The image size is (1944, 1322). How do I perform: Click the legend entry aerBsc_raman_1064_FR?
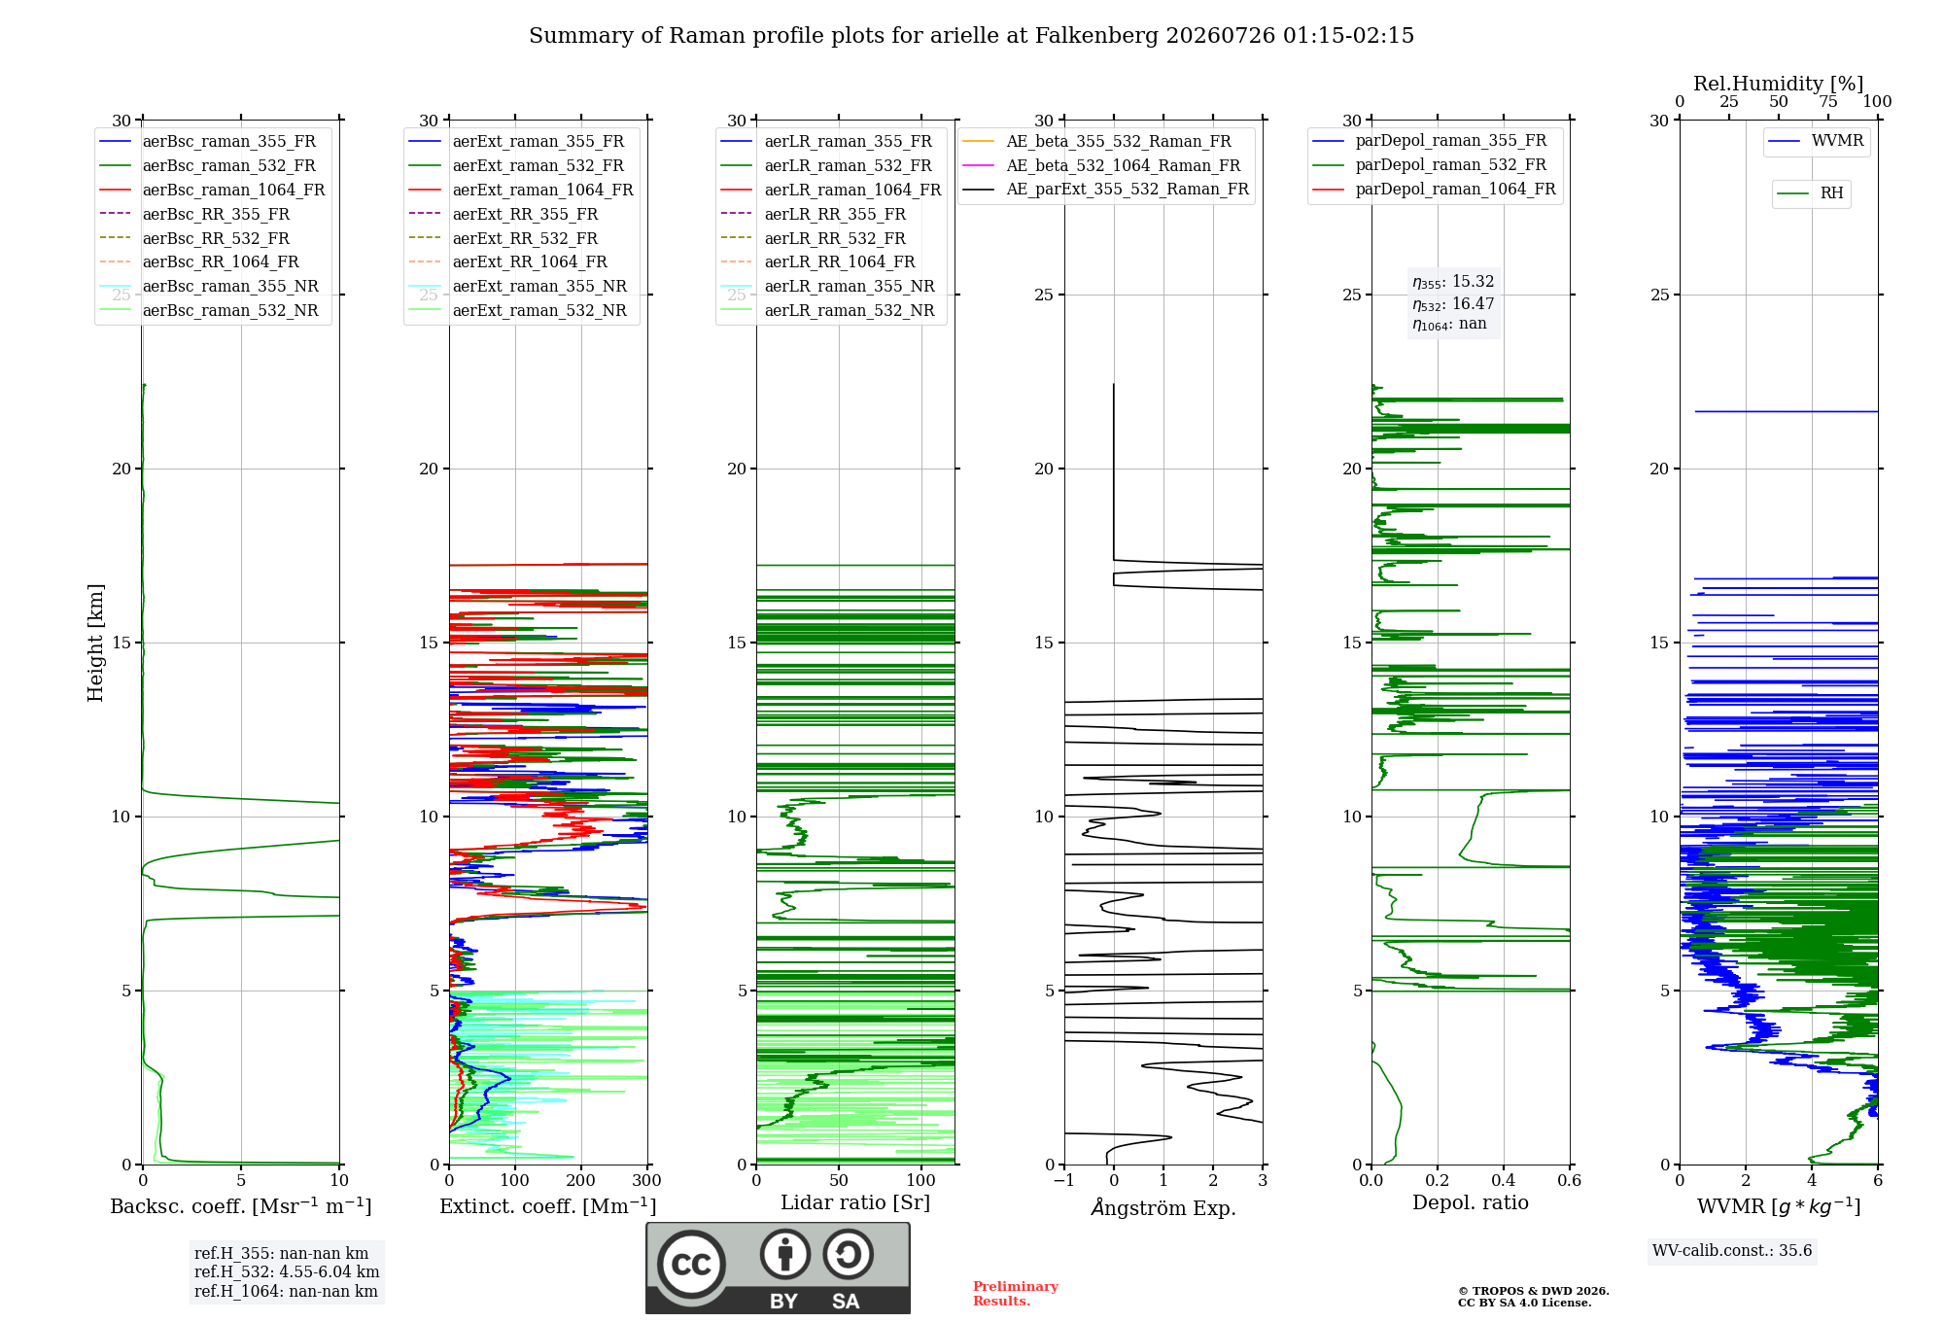(x=212, y=191)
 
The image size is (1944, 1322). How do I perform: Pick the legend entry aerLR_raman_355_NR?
(x=827, y=287)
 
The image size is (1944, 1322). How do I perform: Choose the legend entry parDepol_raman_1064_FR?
(x=1434, y=190)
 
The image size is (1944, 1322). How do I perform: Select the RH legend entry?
(x=1810, y=193)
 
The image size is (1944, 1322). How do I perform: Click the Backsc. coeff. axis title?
(x=241, y=1206)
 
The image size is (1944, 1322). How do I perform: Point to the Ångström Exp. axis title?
(x=1163, y=1207)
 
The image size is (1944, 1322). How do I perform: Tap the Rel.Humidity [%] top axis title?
(x=1779, y=84)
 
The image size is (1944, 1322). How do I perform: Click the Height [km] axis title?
(x=95, y=643)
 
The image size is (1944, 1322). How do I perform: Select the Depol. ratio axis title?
(x=1471, y=1202)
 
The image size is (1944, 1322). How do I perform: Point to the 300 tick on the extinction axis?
(x=647, y=1180)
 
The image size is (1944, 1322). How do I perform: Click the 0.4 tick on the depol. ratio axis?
(x=1504, y=1180)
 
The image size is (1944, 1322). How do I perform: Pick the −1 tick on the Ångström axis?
(x=1063, y=1180)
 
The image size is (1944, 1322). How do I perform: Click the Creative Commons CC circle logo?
(x=691, y=1265)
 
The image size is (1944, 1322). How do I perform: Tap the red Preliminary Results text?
(x=1016, y=1294)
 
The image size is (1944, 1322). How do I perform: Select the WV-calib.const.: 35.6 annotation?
(x=1732, y=1251)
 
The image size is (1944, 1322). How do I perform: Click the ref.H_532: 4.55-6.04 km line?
(x=287, y=1271)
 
